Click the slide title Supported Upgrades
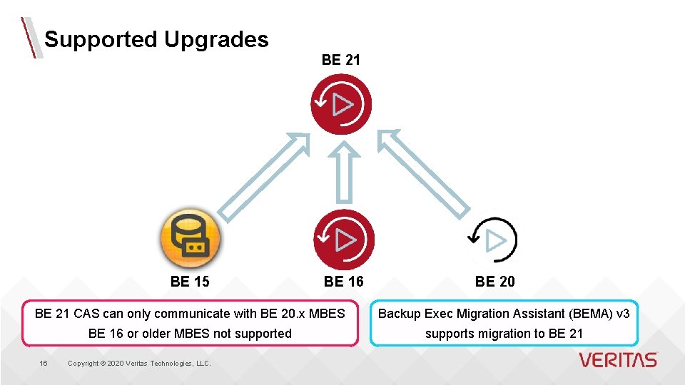156,39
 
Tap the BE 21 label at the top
341,61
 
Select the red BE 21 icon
342,105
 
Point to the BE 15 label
190,282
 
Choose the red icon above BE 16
343,240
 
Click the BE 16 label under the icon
343,282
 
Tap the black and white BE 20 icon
493,240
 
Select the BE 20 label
494,282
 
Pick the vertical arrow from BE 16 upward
344,173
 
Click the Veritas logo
618,360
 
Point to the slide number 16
44,364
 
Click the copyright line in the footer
139,364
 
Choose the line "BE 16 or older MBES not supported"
190,333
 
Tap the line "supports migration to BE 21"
504,333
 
